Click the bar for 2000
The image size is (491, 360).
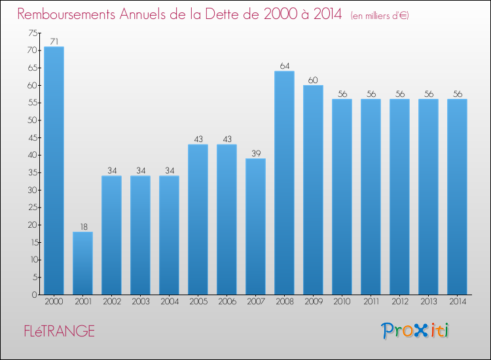[54, 170]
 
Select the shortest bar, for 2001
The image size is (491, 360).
[82, 263]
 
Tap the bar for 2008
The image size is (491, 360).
[284, 183]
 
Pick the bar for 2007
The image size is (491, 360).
[255, 226]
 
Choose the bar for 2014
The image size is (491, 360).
[457, 196]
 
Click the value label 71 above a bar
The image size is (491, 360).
[54, 41]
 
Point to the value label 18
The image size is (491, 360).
[82, 226]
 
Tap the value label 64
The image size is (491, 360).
[284, 65]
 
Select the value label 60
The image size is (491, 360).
[313, 80]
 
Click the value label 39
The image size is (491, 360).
[255, 153]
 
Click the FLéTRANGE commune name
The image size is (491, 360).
[56, 331]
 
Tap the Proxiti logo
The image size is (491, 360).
[416, 331]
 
